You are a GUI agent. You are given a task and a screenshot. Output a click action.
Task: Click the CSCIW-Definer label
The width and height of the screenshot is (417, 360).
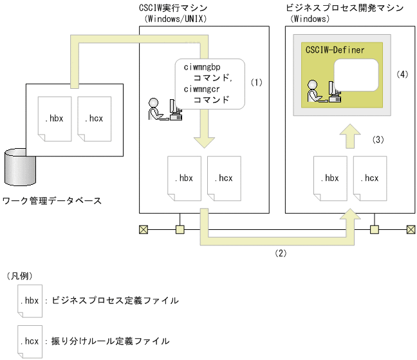(335, 50)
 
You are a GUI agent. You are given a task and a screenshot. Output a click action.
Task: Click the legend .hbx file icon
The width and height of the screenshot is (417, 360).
(30, 301)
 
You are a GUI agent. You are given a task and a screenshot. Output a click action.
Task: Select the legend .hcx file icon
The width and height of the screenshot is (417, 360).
(30, 339)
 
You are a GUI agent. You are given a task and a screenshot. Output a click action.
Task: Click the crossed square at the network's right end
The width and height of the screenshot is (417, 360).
(410, 229)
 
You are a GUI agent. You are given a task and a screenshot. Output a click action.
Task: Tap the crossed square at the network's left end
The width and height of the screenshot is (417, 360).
(144, 229)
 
